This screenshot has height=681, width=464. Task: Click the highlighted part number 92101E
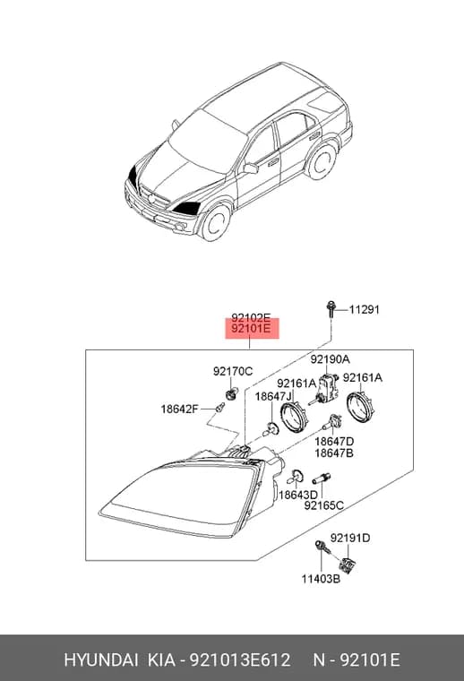[251, 329]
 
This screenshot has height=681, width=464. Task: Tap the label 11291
[365, 310]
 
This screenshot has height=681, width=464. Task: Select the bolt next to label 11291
[331, 309]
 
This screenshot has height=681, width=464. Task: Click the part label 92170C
[233, 371]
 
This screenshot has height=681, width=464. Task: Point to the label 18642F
[180, 409]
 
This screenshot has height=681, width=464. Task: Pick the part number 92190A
[330, 359]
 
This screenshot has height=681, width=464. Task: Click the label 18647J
[273, 396]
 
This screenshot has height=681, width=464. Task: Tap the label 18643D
[298, 495]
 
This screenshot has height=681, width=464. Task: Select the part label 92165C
[323, 505]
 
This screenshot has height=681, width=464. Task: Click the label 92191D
[350, 539]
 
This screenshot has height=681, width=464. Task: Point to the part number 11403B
[322, 579]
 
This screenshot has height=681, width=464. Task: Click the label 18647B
[334, 453]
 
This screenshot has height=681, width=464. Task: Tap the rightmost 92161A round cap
[361, 407]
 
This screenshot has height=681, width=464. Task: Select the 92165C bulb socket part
[322, 478]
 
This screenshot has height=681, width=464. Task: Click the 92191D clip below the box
[347, 565]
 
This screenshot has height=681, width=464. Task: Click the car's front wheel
[214, 222]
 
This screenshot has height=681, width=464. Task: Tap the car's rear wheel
[321, 162]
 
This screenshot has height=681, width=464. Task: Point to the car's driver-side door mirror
[251, 168]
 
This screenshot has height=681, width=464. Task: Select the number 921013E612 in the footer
[239, 659]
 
